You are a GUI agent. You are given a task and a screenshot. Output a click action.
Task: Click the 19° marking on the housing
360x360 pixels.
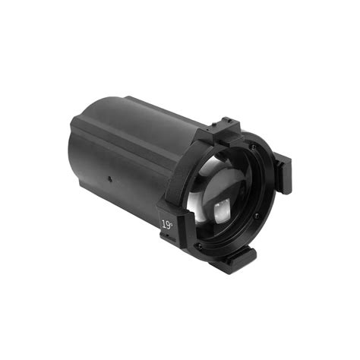tap(166, 224)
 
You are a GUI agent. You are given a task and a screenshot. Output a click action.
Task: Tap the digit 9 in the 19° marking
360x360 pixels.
tap(167, 224)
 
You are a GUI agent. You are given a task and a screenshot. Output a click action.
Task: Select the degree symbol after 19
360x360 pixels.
tap(172, 221)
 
